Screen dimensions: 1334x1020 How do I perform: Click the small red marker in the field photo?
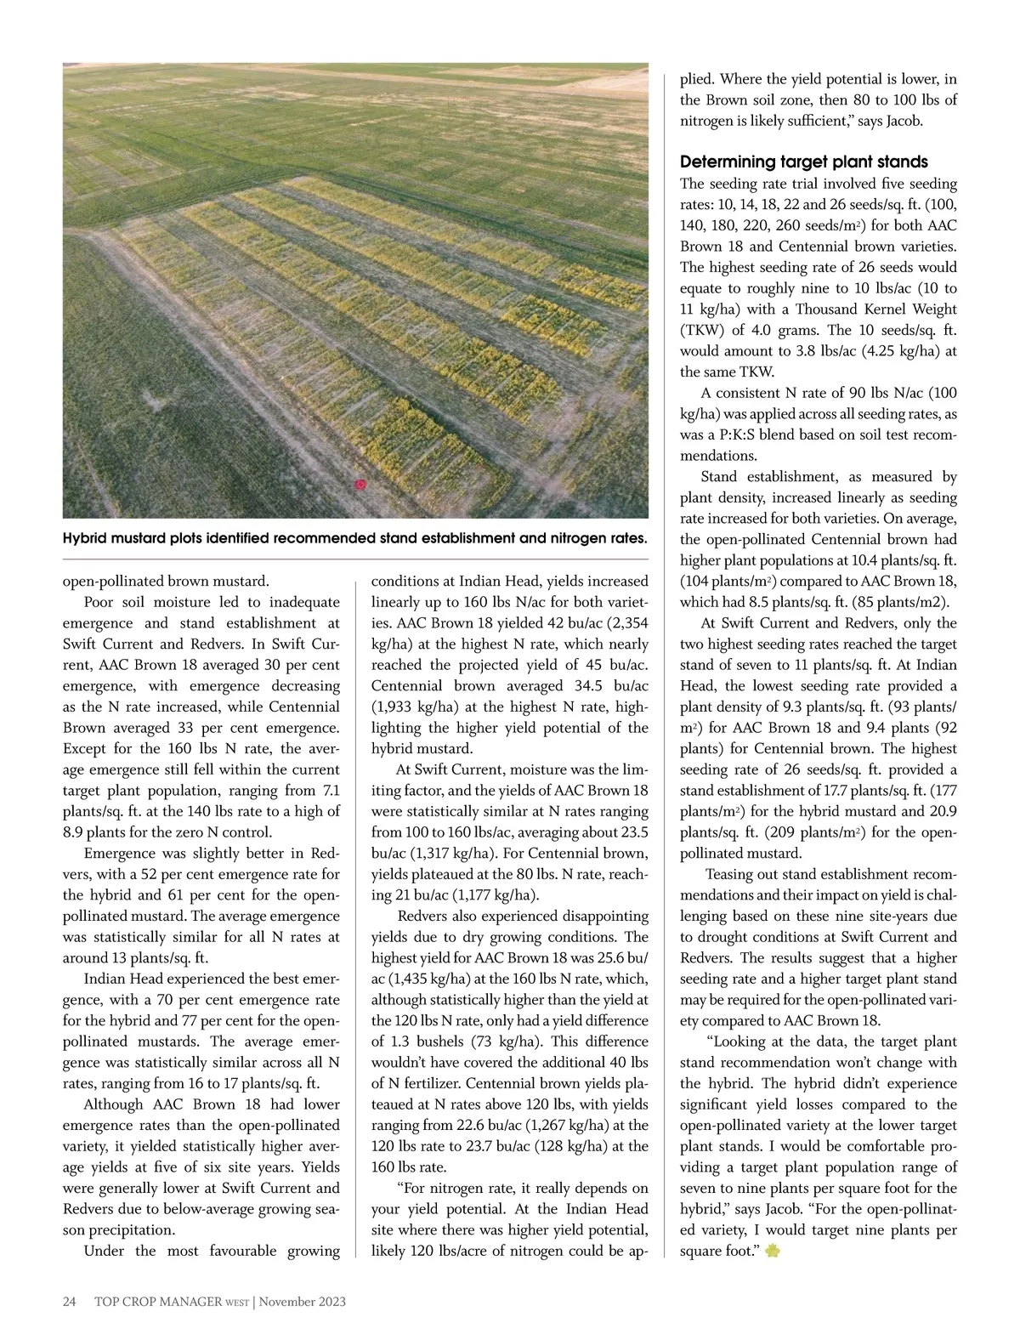tap(360, 485)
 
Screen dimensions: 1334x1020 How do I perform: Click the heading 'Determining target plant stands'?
tap(803, 162)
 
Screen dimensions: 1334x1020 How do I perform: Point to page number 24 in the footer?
tap(71, 1302)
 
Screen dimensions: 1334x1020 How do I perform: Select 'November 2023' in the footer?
tap(303, 1302)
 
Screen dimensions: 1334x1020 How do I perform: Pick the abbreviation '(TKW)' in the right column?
tap(702, 330)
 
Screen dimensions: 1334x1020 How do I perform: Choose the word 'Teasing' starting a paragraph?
tap(734, 874)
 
